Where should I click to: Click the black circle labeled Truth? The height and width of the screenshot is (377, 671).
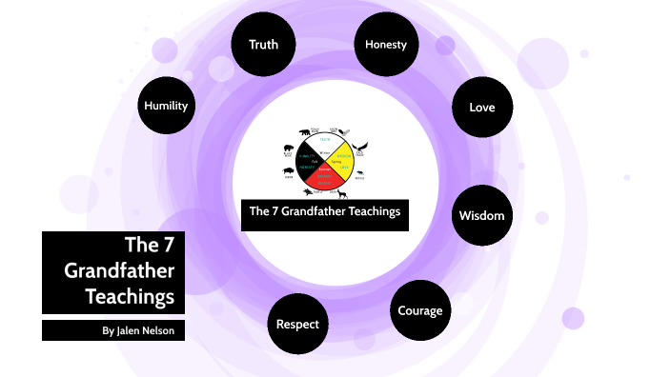[x=262, y=45]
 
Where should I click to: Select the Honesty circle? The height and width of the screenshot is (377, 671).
[x=384, y=45]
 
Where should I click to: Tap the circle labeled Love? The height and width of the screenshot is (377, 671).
[x=481, y=107]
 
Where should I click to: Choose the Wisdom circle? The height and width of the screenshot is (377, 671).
[x=481, y=214]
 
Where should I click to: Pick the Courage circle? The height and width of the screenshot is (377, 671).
[x=419, y=310]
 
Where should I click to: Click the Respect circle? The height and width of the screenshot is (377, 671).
[x=297, y=324]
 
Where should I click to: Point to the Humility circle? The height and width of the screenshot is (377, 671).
[x=166, y=106]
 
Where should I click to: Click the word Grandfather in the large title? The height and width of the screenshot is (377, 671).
[x=119, y=270]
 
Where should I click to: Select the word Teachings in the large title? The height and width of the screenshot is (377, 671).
[x=130, y=296]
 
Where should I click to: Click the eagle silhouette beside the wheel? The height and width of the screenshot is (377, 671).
[x=360, y=147]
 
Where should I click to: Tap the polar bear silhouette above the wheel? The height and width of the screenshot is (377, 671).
[x=305, y=132]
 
